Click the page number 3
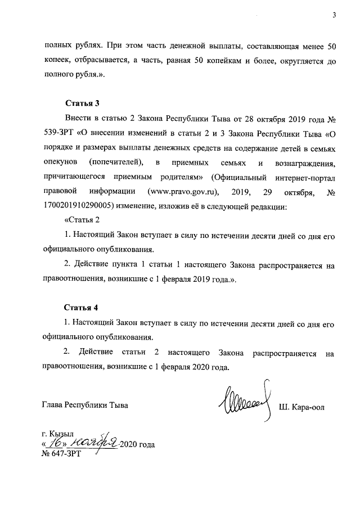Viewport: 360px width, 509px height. coord(333,15)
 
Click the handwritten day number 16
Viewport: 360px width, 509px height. coord(56,443)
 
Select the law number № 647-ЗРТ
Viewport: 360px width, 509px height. coord(61,454)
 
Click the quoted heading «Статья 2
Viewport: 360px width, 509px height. coord(84,221)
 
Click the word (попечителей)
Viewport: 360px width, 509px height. coord(119,163)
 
